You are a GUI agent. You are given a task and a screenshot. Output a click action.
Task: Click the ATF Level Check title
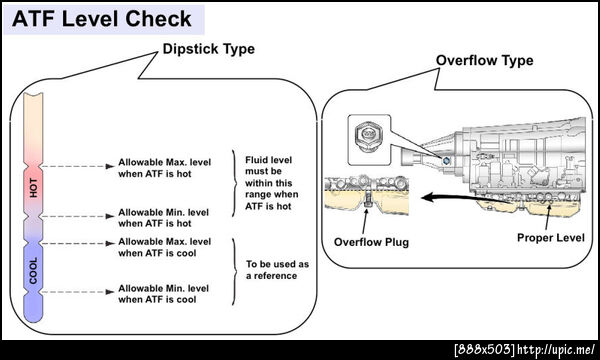pyautogui.click(x=102, y=19)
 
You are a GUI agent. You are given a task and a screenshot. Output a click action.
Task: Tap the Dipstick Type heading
pyautogui.click(x=209, y=49)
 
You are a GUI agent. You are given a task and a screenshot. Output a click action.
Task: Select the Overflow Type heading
pyautogui.click(x=484, y=60)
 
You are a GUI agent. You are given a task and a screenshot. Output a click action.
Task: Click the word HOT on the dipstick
pyautogui.click(x=34, y=188)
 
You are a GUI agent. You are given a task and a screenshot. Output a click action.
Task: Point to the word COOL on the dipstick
pyautogui.click(x=34, y=270)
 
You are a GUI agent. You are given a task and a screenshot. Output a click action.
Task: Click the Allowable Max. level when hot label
pyautogui.click(x=165, y=168)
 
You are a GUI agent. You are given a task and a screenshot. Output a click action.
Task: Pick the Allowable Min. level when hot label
pyautogui.click(x=163, y=218)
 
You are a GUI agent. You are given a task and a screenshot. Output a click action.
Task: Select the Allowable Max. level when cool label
pyautogui.click(x=165, y=248)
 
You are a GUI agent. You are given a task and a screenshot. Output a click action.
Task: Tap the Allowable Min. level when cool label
pyautogui.click(x=163, y=294)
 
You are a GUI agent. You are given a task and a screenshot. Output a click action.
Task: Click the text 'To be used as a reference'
pyautogui.click(x=277, y=270)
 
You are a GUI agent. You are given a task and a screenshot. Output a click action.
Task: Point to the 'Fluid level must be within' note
pyautogui.click(x=272, y=183)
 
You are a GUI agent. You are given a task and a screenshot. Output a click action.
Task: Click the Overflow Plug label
pyautogui.click(x=371, y=242)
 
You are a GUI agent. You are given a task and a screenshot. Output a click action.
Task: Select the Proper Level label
pyautogui.click(x=551, y=238)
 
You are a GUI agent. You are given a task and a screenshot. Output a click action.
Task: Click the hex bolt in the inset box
pyautogui.click(x=368, y=137)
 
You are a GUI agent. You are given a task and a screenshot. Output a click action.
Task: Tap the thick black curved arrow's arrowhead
pyautogui.click(x=428, y=197)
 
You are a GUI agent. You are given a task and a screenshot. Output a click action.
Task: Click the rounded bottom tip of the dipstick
pyautogui.click(x=34, y=317)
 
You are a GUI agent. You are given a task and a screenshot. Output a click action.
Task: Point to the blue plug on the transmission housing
pyautogui.click(x=446, y=161)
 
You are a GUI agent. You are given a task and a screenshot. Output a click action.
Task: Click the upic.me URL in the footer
pyautogui.click(x=556, y=350)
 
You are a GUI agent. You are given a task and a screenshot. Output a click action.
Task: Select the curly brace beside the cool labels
pyautogui.click(x=234, y=271)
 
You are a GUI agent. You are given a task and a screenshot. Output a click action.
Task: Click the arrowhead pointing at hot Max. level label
pyautogui.click(x=110, y=166)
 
